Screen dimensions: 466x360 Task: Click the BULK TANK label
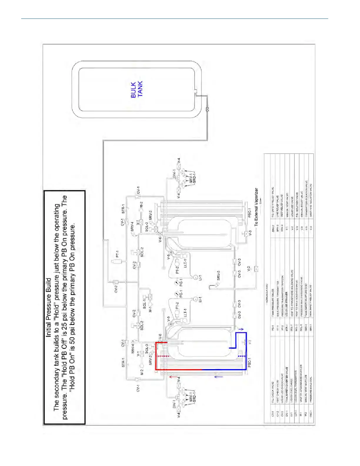click(137, 89)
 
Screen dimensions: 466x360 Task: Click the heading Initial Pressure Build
click(49, 307)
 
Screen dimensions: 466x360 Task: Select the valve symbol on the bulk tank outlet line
click(208, 109)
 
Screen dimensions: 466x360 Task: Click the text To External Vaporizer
click(256, 207)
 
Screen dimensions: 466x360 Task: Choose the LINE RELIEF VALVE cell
click(277, 202)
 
